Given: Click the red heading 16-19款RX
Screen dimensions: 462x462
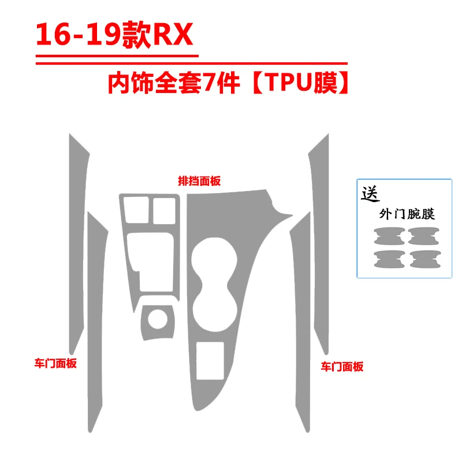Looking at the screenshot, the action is click(114, 35).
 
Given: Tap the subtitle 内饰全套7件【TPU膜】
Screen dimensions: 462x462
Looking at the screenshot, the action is click(229, 83).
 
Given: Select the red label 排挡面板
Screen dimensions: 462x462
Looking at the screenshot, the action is click(199, 181).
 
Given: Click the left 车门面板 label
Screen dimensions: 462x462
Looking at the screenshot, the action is click(55, 363).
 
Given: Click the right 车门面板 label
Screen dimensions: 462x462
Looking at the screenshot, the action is click(342, 367).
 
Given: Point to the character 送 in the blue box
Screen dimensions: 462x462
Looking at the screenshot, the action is click(370, 194).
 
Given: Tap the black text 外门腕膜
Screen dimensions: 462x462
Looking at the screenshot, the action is click(407, 214).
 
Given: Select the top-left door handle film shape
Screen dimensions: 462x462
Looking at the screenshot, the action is click(389, 236).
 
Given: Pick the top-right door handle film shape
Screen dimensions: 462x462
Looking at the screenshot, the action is click(424, 236).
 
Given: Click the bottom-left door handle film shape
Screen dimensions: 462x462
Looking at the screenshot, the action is click(389, 259).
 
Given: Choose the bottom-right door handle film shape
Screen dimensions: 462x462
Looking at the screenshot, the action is click(425, 259).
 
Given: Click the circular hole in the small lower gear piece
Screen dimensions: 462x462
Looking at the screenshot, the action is click(158, 319).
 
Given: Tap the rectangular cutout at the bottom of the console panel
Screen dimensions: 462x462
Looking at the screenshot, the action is click(210, 360).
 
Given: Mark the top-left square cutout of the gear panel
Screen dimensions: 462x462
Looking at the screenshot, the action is click(136, 210).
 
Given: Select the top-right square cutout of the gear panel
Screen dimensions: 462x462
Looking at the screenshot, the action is click(164, 211).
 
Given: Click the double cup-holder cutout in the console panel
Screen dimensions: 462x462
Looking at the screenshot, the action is click(214, 284).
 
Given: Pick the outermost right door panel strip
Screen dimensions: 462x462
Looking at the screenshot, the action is click(321, 244).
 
